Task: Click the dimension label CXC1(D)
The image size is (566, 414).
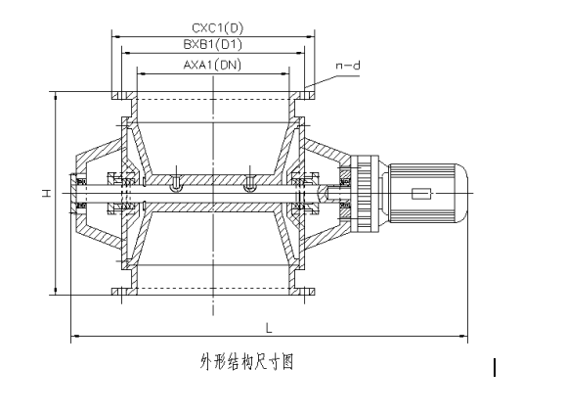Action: point(217,27)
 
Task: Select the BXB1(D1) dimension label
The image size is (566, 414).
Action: point(212,44)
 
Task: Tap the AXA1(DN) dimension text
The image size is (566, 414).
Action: point(212,65)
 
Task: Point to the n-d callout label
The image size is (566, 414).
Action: point(348,66)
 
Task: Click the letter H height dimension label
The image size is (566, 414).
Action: point(46,193)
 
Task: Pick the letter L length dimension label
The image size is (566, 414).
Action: point(269,328)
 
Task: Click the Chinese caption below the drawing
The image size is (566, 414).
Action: point(247,362)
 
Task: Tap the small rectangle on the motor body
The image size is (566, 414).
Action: point(421,194)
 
